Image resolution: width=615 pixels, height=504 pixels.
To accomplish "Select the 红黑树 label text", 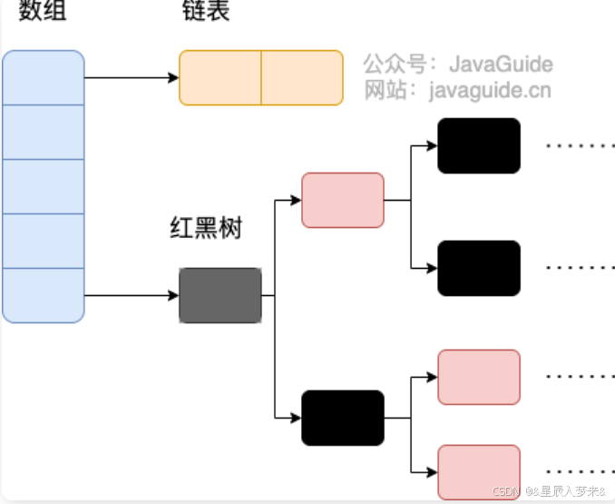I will (x=206, y=227).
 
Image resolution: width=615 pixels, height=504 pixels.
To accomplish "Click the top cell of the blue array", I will (x=44, y=77).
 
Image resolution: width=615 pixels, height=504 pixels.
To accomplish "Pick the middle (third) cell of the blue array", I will (x=44, y=186).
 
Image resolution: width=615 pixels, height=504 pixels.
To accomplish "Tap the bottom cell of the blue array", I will (x=44, y=295).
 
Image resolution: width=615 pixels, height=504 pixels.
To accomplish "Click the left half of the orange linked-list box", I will (x=220, y=77).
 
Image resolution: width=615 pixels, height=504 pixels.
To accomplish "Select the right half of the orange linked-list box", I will (x=302, y=77).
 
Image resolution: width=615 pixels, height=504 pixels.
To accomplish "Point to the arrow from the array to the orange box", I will (x=132, y=77).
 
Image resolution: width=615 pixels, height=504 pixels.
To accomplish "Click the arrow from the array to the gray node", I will (x=132, y=295).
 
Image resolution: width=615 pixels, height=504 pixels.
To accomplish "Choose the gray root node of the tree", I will (x=220, y=295).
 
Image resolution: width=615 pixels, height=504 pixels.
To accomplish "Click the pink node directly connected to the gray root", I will (x=342, y=200).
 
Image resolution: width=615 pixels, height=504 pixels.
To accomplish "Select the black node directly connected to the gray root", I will (x=342, y=418).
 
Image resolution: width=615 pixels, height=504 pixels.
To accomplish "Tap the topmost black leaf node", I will (x=479, y=145).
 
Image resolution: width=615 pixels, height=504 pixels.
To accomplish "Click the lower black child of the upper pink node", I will (x=479, y=268).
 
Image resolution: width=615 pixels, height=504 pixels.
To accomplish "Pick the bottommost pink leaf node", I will (x=479, y=472).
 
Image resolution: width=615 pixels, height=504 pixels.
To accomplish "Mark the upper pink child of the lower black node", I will (x=479, y=377).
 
